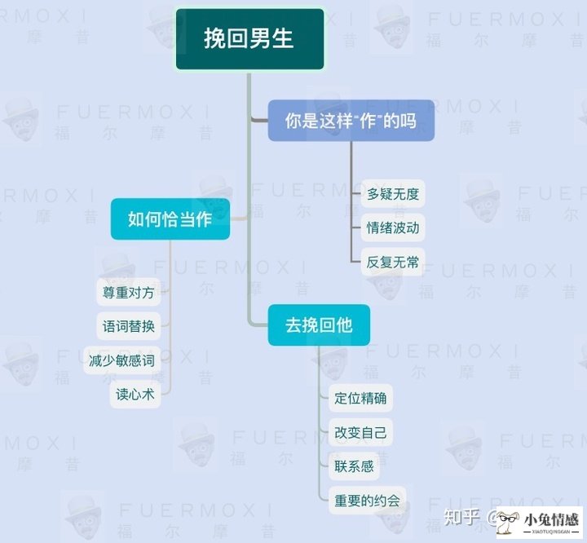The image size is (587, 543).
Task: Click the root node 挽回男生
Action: [249, 39]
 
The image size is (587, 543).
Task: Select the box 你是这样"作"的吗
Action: [351, 121]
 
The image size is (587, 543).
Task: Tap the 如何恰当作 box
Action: [170, 219]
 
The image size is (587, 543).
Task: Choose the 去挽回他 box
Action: [319, 325]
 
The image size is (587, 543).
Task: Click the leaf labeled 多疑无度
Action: [393, 193]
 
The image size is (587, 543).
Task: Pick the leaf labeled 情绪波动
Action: [393, 227]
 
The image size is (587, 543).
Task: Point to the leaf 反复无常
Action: [393, 262]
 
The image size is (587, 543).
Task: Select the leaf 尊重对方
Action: [129, 292]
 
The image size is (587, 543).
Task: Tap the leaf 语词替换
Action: [129, 326]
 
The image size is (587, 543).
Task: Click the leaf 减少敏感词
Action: [121, 360]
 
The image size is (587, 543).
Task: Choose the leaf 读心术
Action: [135, 395]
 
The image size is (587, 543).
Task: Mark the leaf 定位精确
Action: [360, 398]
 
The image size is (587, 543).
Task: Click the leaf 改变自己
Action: [360, 432]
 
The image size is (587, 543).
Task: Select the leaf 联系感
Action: [354, 466]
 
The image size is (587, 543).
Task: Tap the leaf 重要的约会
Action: [367, 501]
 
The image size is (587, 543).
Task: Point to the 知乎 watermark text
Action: [461, 517]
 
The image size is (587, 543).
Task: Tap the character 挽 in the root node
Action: [215, 38]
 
